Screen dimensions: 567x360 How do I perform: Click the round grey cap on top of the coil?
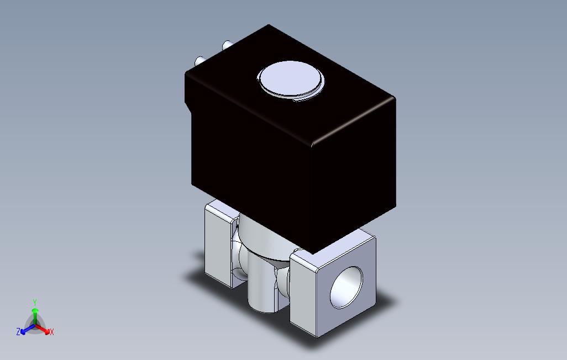click(290, 80)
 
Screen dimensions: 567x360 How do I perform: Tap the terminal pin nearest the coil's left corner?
click(200, 61)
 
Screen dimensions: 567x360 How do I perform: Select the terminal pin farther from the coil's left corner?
click(228, 45)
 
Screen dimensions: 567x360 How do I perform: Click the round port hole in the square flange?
click(346, 288)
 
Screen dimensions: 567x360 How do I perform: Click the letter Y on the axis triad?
click(35, 302)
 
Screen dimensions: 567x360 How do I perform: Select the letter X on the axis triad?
click(52, 332)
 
